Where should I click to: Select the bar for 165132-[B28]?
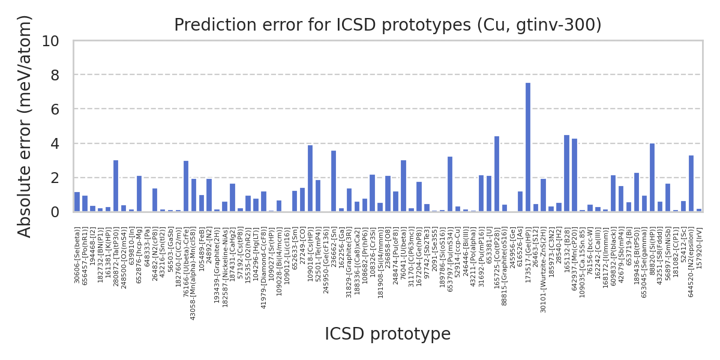tap(566, 173)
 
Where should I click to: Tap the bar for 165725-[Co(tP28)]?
tap(497, 174)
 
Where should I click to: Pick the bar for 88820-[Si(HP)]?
tap(652, 178)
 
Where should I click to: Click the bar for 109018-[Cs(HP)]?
tap(310, 179)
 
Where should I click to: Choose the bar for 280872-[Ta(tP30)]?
tap(116, 186)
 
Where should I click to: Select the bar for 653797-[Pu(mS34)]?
tap(450, 184)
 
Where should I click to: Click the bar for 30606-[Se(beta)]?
tap(77, 202)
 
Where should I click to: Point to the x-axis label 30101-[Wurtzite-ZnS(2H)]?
tap(544, 270)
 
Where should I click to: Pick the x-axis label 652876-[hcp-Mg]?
tap(139, 253)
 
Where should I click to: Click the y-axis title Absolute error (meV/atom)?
tap(25, 126)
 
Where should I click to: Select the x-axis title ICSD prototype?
tap(388, 334)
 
